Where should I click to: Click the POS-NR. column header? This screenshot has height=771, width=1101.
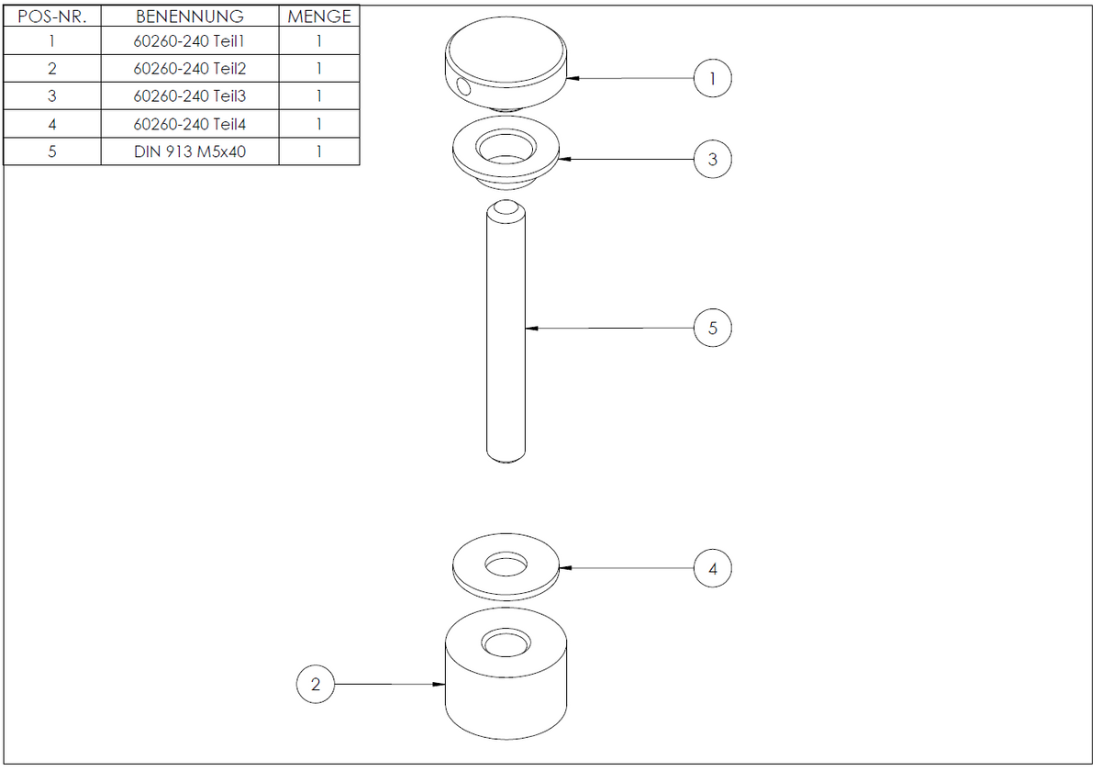pos(52,17)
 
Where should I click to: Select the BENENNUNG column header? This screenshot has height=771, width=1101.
pos(190,17)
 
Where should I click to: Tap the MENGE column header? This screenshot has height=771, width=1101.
pos(319,17)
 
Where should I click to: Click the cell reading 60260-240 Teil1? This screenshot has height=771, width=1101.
pos(189,41)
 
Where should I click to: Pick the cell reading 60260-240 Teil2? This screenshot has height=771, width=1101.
pos(189,69)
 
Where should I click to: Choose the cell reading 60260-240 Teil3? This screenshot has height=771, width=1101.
pos(189,95)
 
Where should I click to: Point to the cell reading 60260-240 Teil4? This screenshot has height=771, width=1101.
pos(189,124)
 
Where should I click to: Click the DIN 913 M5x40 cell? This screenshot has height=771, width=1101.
pos(190,151)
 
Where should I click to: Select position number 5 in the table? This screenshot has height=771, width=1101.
pos(52,151)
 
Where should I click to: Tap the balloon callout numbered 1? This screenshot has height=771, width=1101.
pos(713,78)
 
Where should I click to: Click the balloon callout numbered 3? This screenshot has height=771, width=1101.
pos(713,160)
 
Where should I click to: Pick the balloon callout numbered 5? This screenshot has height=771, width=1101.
pos(713,328)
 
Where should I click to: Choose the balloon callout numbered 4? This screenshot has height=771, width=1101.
pos(713,568)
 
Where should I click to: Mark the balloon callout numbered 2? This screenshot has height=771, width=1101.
pos(316,684)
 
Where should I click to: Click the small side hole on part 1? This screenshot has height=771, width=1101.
pos(463,87)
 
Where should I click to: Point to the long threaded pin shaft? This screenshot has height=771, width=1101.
pos(506,331)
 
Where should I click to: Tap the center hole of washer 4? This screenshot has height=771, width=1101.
pos(506,564)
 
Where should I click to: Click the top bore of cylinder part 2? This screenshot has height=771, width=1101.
pos(506,642)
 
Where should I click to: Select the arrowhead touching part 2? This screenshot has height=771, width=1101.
pos(439,684)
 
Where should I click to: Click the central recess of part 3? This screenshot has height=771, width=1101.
pos(506,147)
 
